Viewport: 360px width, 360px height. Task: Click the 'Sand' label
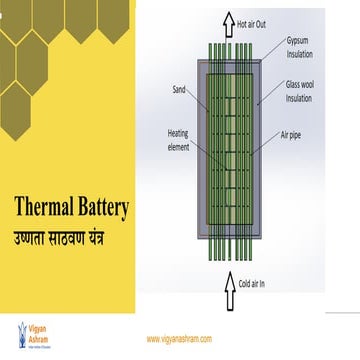179,89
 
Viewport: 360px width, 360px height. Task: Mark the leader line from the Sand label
200,96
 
